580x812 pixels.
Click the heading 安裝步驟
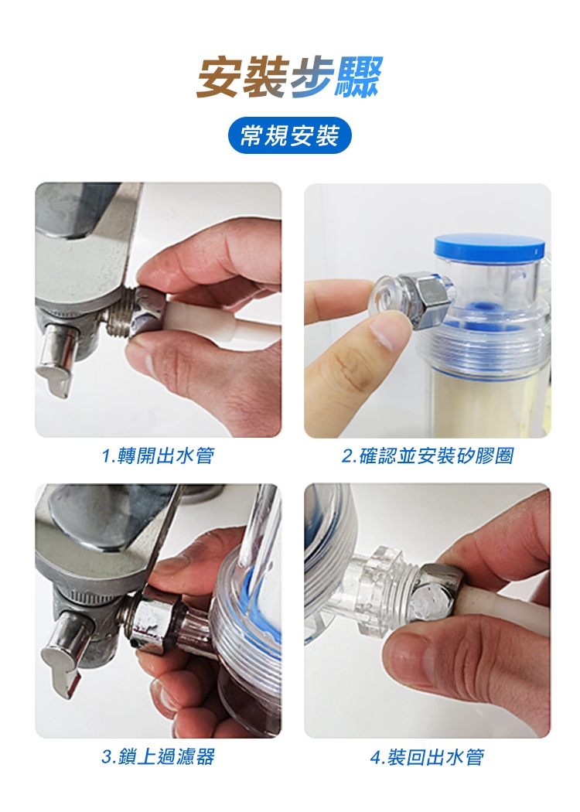pyautogui.click(x=289, y=77)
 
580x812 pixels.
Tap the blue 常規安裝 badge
pyautogui.click(x=290, y=135)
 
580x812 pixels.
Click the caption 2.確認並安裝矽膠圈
pyautogui.click(x=428, y=455)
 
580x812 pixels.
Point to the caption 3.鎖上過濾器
pyautogui.click(x=158, y=756)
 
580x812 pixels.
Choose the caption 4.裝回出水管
pyautogui.click(x=428, y=756)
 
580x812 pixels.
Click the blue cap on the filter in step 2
pyautogui.click(x=490, y=247)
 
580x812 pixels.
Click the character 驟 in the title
pyautogui.click(x=358, y=77)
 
